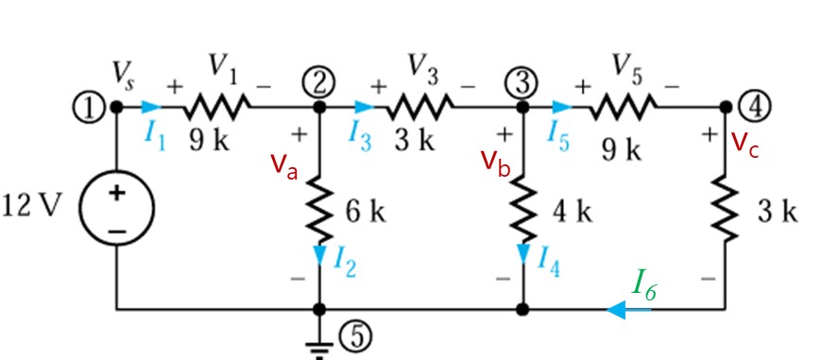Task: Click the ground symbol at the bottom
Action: click(x=320, y=348)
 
